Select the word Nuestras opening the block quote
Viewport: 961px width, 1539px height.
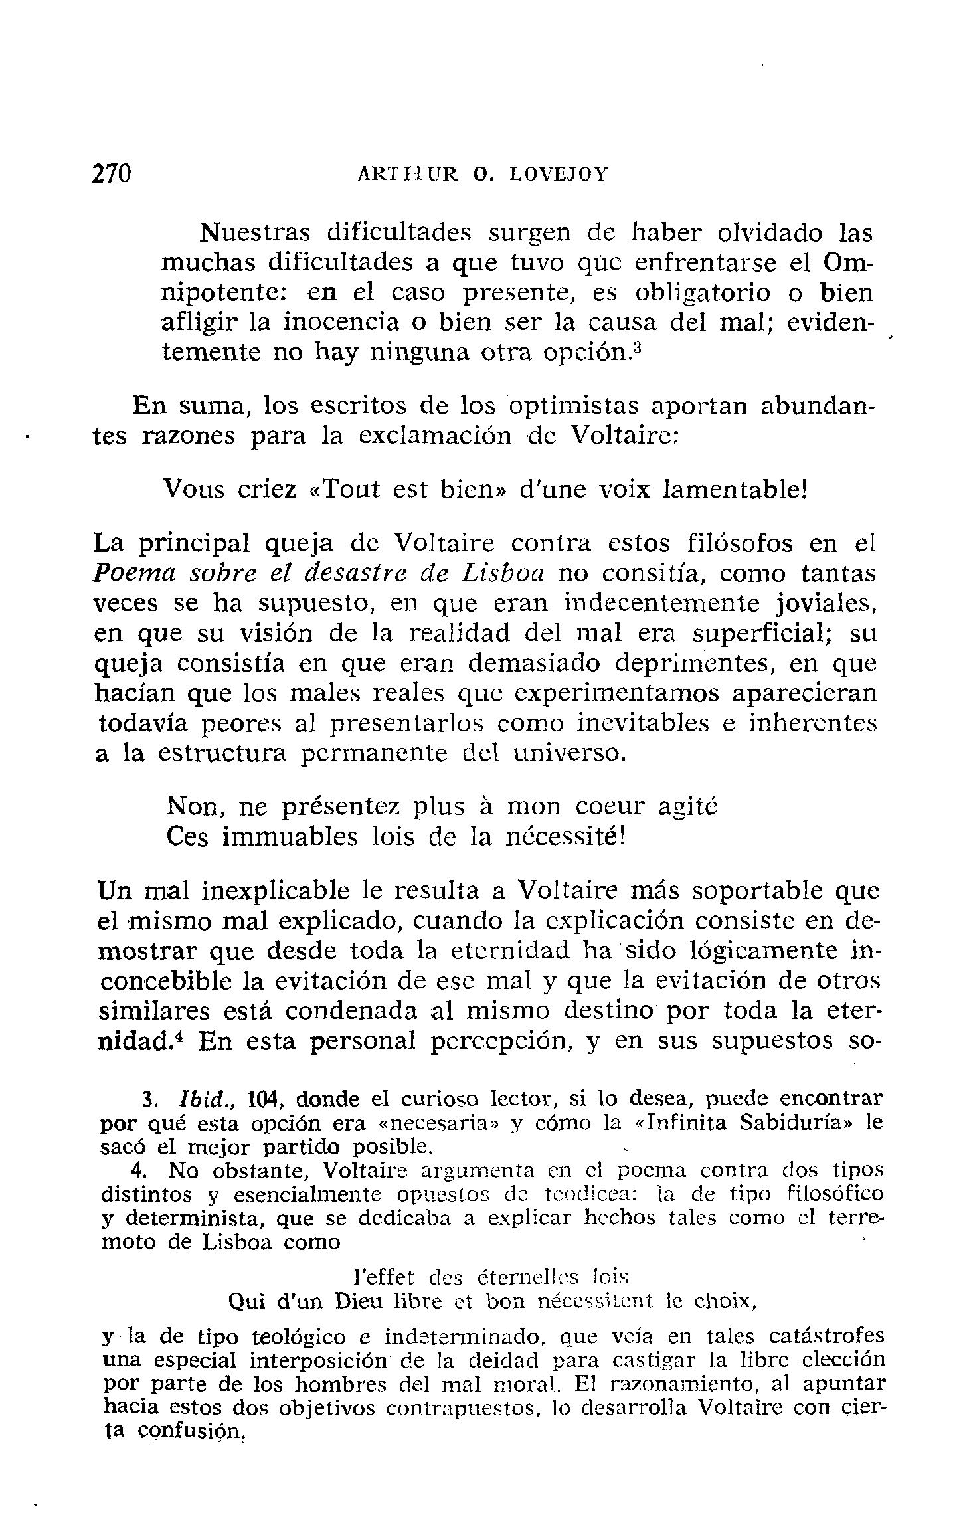(255, 233)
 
